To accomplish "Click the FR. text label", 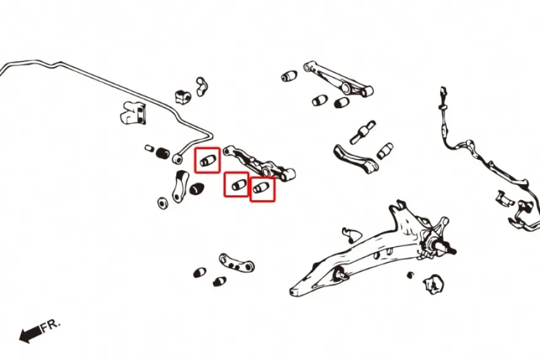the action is point(50,326).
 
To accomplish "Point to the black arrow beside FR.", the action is point(30,334).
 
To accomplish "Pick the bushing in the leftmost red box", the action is point(208,160).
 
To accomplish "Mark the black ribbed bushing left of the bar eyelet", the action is point(163,153).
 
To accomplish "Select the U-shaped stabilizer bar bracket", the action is point(133,112).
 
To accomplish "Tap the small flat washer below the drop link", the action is point(162,203).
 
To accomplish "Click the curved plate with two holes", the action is point(237,262).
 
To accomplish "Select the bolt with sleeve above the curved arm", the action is point(362,132).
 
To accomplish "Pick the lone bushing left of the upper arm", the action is point(289,76).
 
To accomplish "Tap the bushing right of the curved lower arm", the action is point(385,151).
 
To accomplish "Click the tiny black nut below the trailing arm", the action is point(410,275).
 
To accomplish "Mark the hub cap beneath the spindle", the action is point(433,284).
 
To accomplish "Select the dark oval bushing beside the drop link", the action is point(197,189).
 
